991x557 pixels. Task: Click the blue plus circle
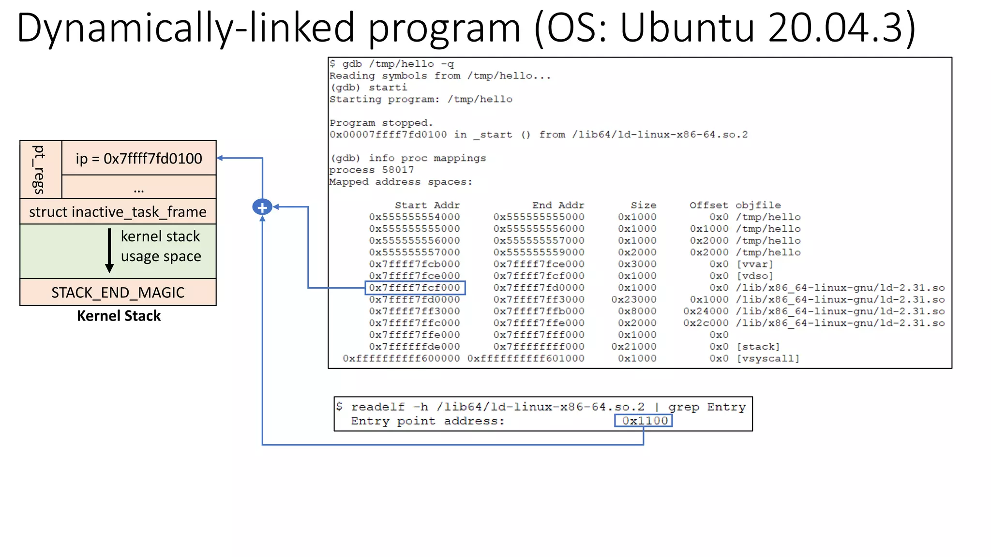[262, 207]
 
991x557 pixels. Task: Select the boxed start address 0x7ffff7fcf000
[415, 288]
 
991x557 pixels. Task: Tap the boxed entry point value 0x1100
[644, 421]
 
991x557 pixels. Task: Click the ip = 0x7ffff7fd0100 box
[139, 158]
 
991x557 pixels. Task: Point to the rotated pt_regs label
[40, 169]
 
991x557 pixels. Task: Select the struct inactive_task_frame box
[118, 212]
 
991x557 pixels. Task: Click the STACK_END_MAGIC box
[118, 293]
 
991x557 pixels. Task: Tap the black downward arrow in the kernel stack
[109, 250]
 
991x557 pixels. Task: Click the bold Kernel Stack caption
[119, 316]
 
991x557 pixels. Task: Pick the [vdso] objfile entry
[754, 276]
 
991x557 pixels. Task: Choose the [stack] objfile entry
[758, 347]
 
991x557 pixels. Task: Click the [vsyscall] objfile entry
[767, 358]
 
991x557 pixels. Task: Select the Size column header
[643, 205]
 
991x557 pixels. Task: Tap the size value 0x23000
[633, 300]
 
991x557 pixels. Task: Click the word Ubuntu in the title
[687, 28]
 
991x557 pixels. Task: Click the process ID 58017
[398, 170]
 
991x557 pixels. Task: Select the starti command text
[388, 88]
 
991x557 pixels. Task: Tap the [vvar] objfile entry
[754, 264]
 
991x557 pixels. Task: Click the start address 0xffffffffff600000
[401, 358]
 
